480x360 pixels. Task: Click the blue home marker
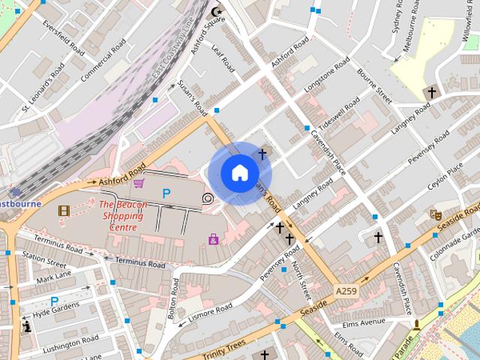click(239, 173)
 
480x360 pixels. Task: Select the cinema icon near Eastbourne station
click(64, 211)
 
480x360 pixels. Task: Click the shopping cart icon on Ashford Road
click(139, 182)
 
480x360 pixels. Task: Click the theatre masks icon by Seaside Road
click(434, 214)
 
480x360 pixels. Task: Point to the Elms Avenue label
click(362, 324)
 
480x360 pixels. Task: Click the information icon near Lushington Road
click(28, 326)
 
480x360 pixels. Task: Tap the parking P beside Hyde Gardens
click(53, 301)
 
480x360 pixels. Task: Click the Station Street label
click(44, 260)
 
